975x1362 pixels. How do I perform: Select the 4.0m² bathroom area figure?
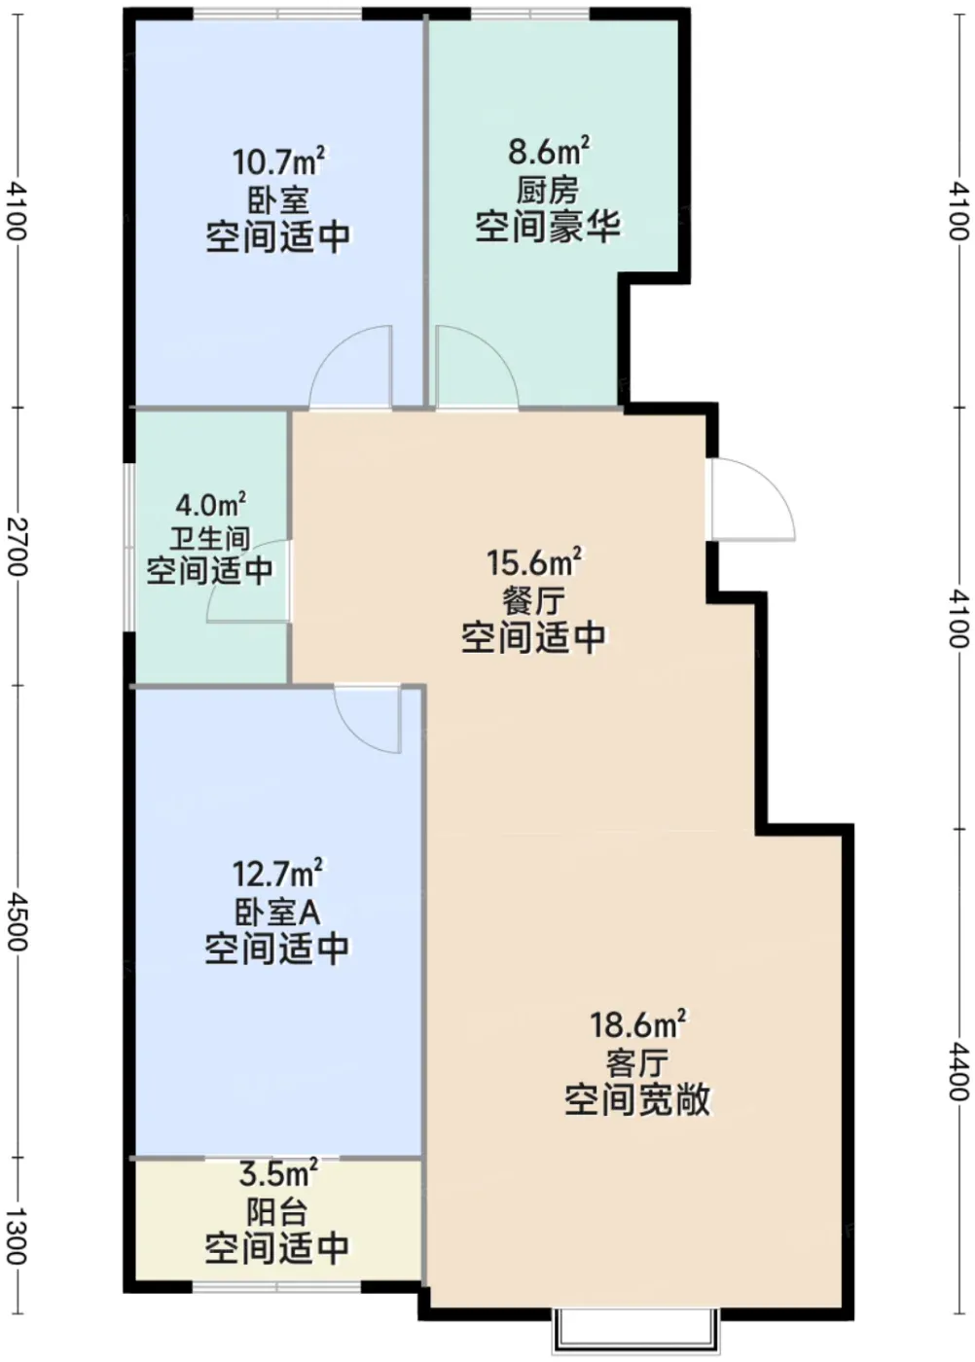tap(210, 504)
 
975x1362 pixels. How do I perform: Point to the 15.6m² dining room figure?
tap(534, 562)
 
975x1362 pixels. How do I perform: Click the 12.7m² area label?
tap(278, 874)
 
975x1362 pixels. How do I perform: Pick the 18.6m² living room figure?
tap(638, 1025)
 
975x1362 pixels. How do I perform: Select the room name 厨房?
tap(548, 192)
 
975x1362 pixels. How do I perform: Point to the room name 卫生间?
tap(210, 539)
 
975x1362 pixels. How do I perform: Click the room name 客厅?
tap(637, 1063)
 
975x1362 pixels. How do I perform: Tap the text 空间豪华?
tap(548, 228)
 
